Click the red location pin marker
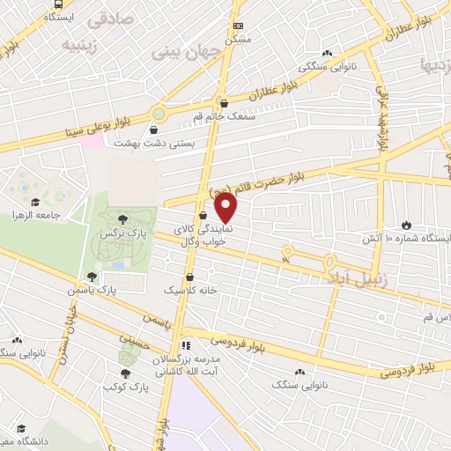point(226,208)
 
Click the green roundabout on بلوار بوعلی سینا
point(159,114)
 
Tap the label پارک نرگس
point(119,233)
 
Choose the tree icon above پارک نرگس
point(122,218)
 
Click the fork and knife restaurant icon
point(185,345)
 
